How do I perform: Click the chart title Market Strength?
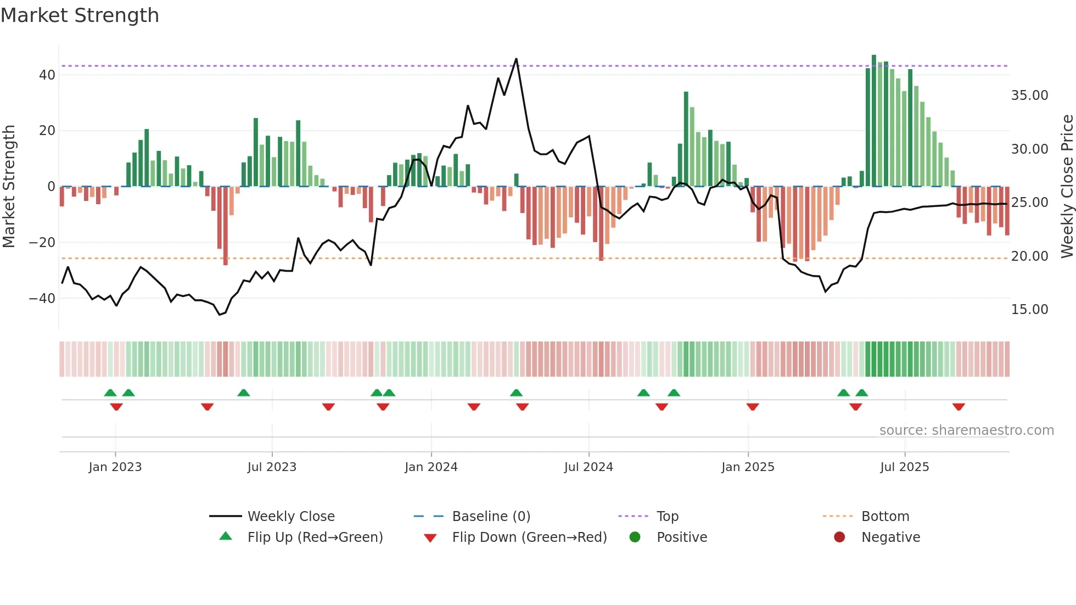click(x=80, y=15)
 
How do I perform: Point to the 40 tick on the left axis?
click(x=47, y=75)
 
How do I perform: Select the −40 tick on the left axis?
click(x=42, y=299)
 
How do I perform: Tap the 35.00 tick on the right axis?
click(x=1029, y=96)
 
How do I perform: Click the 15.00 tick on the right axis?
click(x=1029, y=310)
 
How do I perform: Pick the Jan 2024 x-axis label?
click(x=431, y=467)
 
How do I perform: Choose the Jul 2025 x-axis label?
click(x=904, y=467)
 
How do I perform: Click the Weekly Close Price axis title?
click(x=1067, y=187)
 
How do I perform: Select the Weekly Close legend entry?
click(x=290, y=517)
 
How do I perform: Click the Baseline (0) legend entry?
click(x=491, y=517)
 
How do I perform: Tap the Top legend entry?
click(x=667, y=517)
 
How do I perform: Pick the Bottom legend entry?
click(x=885, y=517)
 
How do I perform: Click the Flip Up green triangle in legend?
click(x=226, y=536)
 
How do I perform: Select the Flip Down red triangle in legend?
click(x=430, y=538)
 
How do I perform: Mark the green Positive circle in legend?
click(x=635, y=537)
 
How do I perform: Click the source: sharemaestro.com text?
click(x=966, y=430)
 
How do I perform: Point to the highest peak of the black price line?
click(x=516, y=59)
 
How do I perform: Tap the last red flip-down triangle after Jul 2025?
click(x=959, y=407)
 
